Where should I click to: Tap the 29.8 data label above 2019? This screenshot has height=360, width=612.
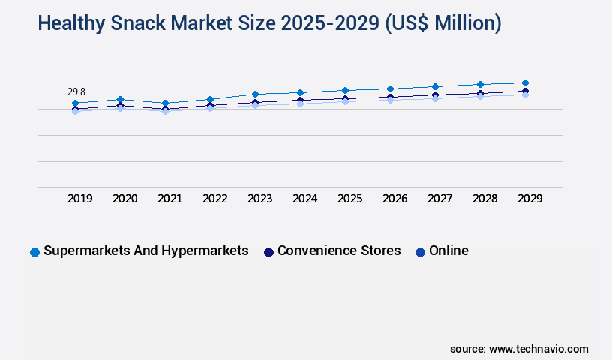click(x=76, y=91)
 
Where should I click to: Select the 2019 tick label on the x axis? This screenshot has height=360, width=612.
click(x=80, y=199)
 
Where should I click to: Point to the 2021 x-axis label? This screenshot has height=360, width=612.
click(x=170, y=199)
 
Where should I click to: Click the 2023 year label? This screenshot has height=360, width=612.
click(x=260, y=199)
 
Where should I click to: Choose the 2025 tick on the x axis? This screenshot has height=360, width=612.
click(x=350, y=199)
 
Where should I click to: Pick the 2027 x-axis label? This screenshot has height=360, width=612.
click(x=440, y=199)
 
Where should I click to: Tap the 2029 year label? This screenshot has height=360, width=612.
click(x=530, y=199)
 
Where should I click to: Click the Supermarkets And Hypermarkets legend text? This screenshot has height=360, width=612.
click(x=146, y=250)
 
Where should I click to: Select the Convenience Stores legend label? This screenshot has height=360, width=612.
click(x=339, y=250)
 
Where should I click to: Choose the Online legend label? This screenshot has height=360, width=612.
click(x=448, y=250)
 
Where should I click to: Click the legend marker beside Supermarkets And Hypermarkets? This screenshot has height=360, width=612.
click(x=34, y=252)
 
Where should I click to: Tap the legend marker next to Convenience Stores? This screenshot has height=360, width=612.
click(x=268, y=252)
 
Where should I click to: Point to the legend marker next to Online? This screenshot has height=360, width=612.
click(x=420, y=252)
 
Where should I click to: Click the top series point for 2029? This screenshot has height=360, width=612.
click(x=525, y=82)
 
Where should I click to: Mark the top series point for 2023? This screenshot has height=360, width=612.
click(x=255, y=94)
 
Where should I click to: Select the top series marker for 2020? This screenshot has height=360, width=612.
click(x=120, y=99)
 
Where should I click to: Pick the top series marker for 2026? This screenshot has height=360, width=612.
click(x=390, y=88)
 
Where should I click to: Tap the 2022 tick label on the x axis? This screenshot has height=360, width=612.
click(x=215, y=199)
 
